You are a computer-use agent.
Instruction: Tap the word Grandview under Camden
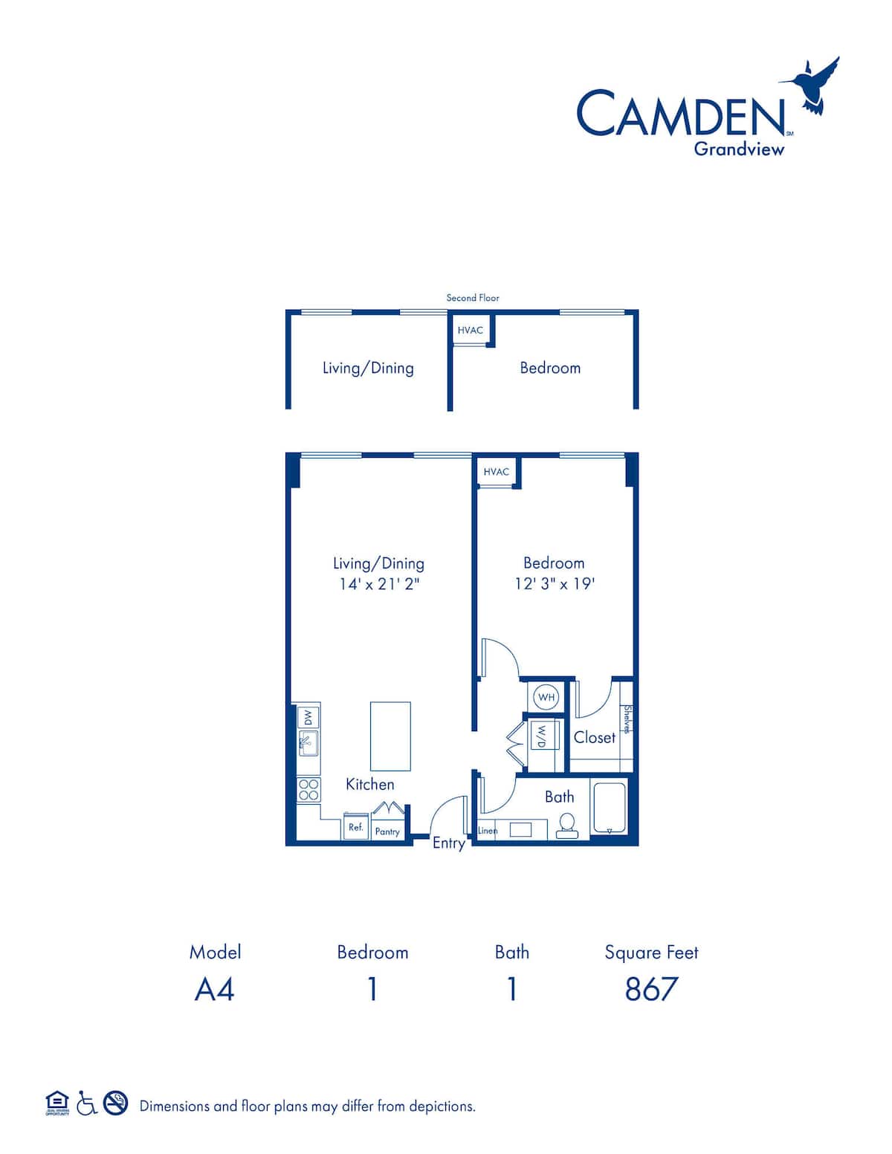point(739,149)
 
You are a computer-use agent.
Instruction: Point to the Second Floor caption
point(472,298)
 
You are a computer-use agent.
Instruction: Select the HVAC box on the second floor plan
point(471,331)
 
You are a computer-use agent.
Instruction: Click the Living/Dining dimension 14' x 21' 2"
point(379,585)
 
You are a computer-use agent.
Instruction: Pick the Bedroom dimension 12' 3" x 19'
point(554,584)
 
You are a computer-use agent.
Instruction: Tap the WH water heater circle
point(546,697)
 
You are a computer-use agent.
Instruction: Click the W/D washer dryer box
point(542,735)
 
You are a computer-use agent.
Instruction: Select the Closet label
point(595,738)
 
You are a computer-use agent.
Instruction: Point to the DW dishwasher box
point(308,718)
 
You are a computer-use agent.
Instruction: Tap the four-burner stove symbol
point(308,790)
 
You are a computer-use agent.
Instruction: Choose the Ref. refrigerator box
point(356,827)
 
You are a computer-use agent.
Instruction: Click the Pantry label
point(387,832)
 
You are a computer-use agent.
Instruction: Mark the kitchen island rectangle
point(390,736)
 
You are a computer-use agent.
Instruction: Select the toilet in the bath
point(567,826)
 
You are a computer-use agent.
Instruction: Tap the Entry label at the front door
point(449,843)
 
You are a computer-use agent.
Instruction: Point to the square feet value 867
point(651,989)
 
